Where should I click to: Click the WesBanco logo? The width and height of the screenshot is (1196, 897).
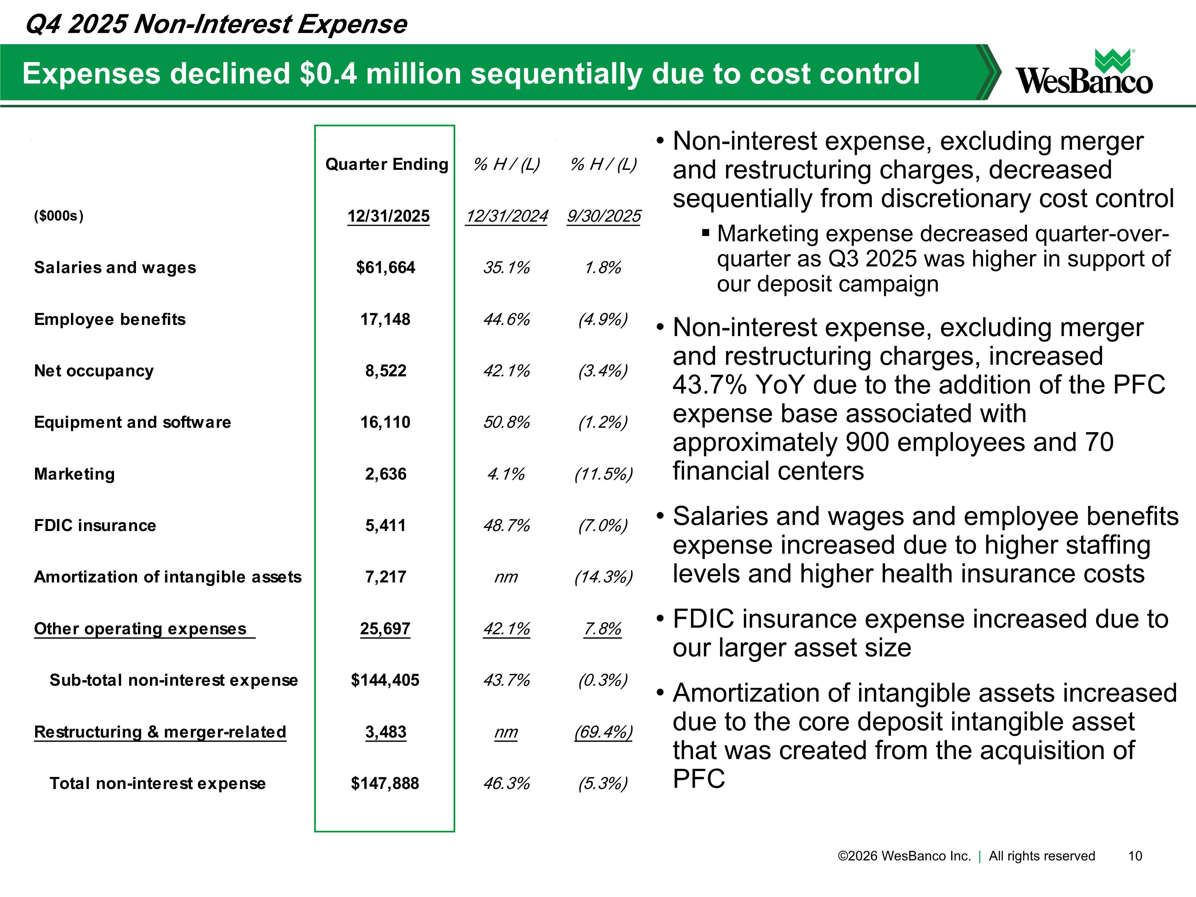tap(1084, 73)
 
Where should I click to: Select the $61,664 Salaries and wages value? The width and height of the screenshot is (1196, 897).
tap(386, 267)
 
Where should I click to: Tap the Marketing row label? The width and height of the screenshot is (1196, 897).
tap(75, 474)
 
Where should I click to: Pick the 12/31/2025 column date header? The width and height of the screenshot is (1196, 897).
tap(388, 216)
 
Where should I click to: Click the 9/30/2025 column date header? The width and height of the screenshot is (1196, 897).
tap(604, 216)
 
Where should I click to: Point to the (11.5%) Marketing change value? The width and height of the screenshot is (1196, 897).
tap(604, 474)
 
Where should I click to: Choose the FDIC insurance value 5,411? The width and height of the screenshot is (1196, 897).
tap(386, 525)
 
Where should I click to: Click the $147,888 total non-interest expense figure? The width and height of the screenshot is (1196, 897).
tap(385, 783)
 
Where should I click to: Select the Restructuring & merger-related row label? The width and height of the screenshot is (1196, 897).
tap(160, 732)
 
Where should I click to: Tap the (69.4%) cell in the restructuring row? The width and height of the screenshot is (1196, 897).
tap(604, 732)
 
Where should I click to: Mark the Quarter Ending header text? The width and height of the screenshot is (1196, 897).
tap(387, 164)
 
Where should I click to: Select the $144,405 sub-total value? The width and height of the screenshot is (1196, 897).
tap(385, 680)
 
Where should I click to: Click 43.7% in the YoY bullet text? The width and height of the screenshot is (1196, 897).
tap(709, 385)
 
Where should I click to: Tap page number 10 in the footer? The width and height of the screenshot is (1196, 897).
tap(1135, 856)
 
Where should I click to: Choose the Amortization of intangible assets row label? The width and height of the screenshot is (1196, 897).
tap(167, 577)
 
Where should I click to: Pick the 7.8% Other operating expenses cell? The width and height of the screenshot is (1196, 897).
tap(602, 628)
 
